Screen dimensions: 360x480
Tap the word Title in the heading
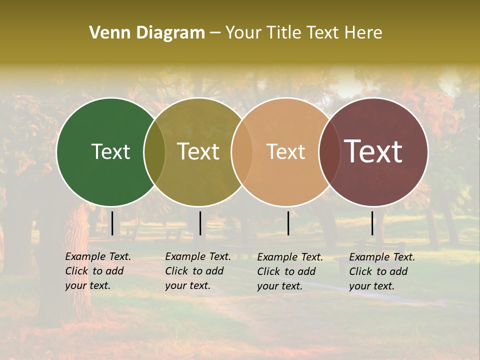point(284,32)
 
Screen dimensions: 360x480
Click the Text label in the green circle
point(110,151)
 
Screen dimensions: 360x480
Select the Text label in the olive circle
point(198,151)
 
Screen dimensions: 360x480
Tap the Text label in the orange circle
point(285,151)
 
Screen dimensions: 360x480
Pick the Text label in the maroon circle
point(373,151)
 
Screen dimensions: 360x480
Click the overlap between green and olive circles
point(154,151)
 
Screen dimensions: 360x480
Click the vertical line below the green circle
point(112,223)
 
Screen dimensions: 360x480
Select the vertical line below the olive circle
point(200,223)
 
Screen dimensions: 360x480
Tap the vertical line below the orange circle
point(288,223)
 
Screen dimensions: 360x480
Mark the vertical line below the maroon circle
point(372,223)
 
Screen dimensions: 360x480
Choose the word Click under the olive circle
point(176,271)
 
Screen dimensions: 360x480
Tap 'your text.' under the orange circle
point(280,286)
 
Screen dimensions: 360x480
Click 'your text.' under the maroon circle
point(372,286)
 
